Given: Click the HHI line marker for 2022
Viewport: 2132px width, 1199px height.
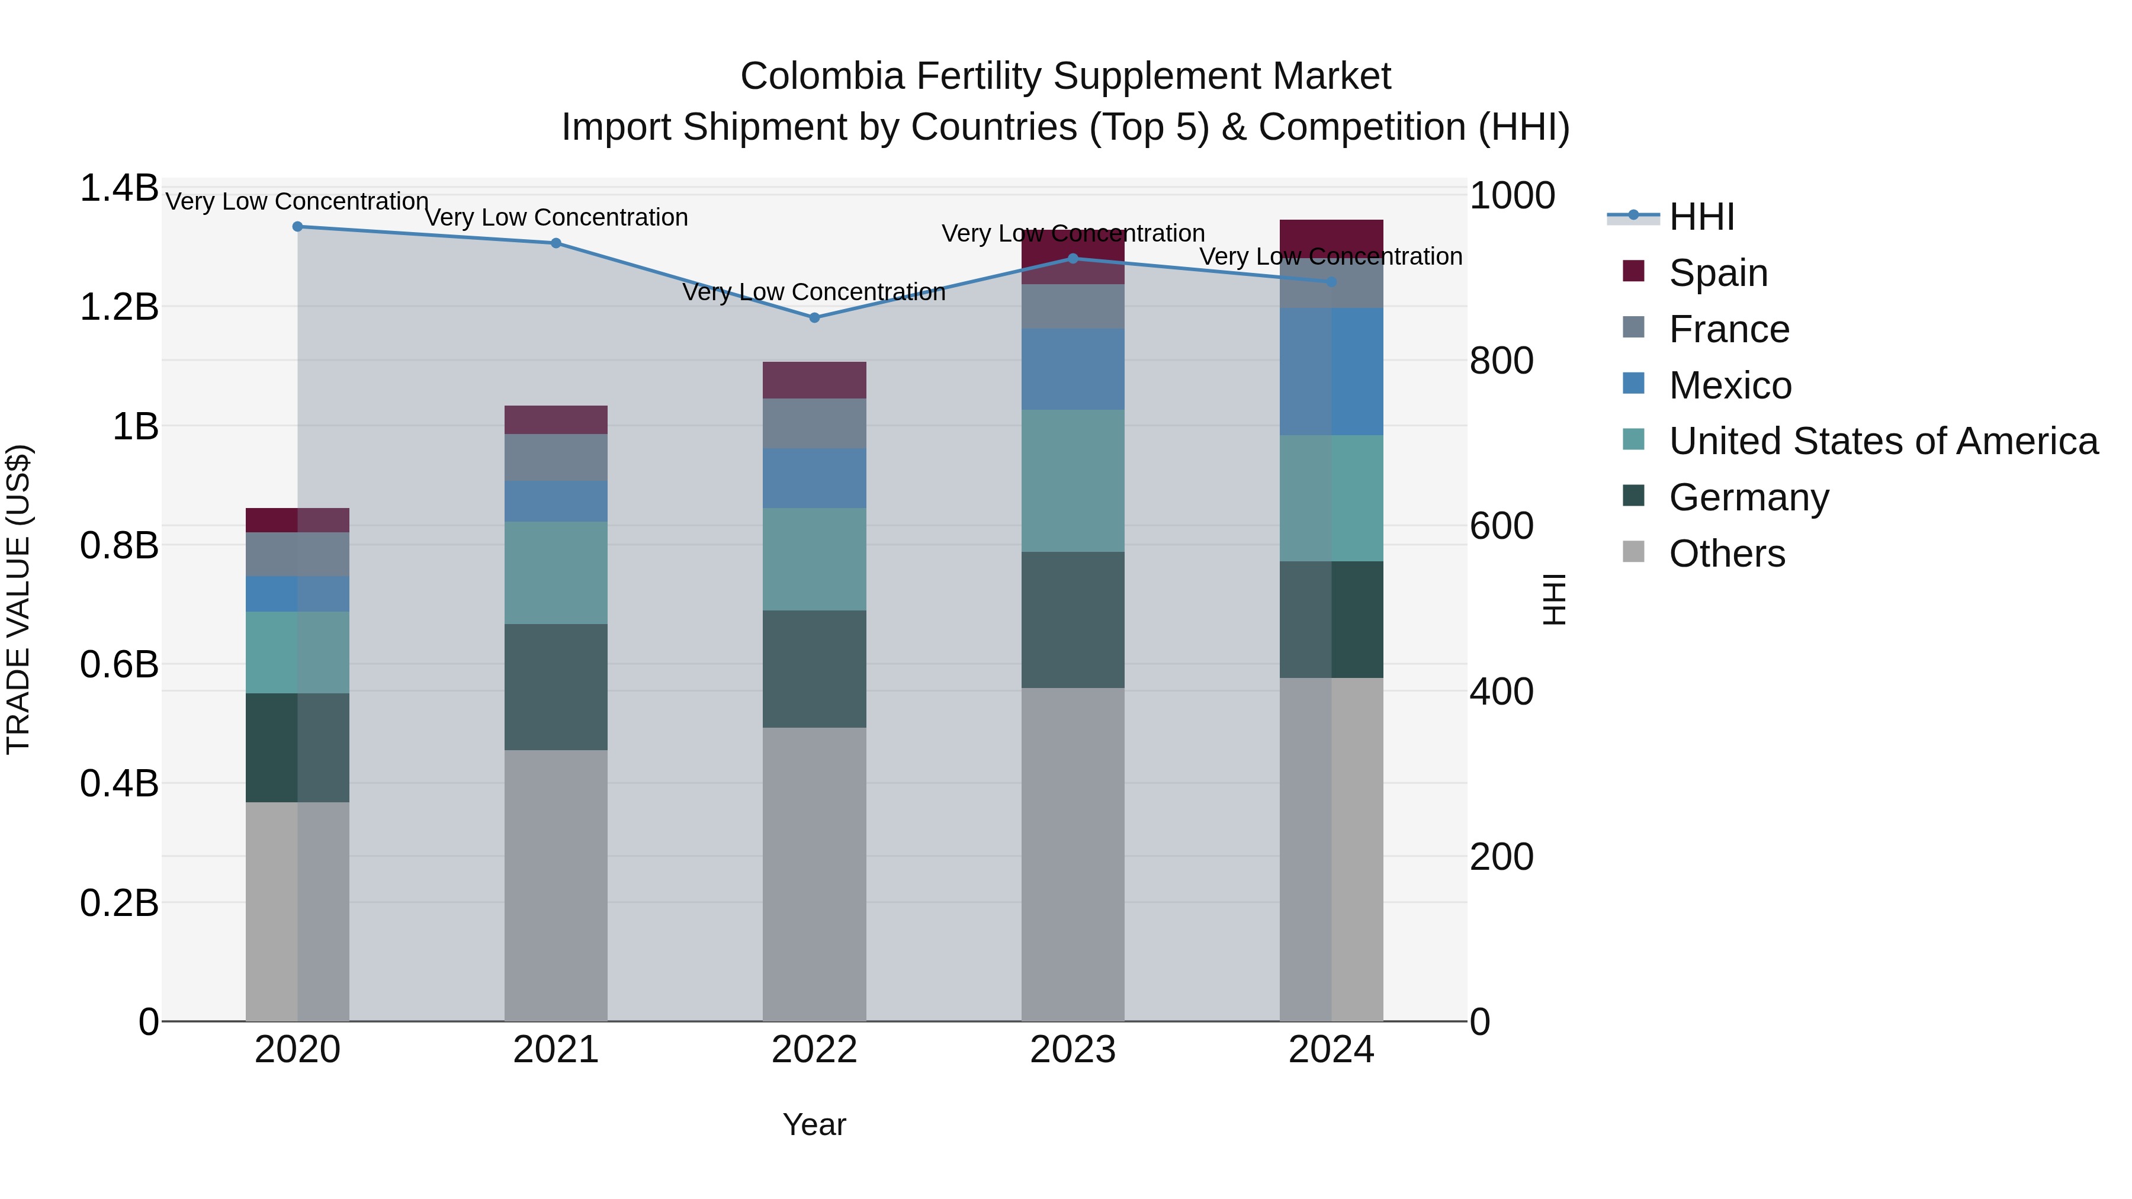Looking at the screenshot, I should click(x=814, y=318).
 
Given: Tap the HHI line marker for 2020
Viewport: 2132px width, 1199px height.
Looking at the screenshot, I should click(x=298, y=227).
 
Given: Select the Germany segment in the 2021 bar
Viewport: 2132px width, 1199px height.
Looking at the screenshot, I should click(x=556, y=687).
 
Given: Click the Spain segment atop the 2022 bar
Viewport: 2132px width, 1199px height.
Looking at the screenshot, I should click(x=814, y=380).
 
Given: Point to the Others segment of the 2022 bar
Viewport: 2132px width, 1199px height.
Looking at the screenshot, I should click(x=814, y=874).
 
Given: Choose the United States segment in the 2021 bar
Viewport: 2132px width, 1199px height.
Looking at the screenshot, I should click(x=556, y=573).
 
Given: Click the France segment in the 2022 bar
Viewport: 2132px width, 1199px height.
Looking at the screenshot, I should click(x=814, y=424).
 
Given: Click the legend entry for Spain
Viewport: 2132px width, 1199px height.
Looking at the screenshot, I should click(x=1717, y=273).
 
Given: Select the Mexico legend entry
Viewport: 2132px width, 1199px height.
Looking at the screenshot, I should click(x=1730, y=385).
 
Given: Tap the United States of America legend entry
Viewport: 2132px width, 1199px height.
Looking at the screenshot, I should click(x=1883, y=441).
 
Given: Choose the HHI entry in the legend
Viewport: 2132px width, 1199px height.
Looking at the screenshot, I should click(x=1701, y=217).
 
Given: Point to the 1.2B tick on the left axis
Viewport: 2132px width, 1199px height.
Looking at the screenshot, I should click(x=119, y=307).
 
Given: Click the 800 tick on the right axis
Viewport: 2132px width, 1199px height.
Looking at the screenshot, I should click(x=1501, y=361).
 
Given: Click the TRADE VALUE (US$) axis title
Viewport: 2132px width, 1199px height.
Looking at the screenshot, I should click(x=18, y=599).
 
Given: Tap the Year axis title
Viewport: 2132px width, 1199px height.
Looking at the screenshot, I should click(x=814, y=1124).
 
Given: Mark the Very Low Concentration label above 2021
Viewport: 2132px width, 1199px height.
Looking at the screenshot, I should click(x=556, y=218).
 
